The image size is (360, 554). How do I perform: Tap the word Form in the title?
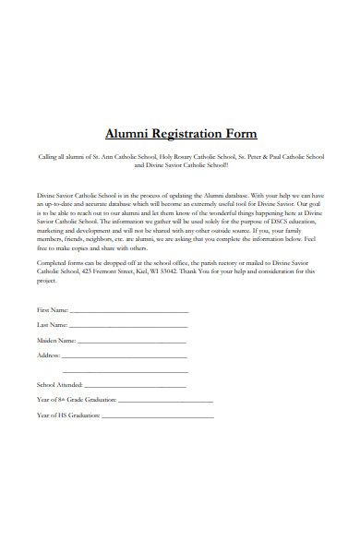[x=243, y=133]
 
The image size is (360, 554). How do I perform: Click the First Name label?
[x=52, y=309]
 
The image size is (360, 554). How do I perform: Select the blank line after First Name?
[x=128, y=311]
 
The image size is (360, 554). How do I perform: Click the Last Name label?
[x=52, y=325]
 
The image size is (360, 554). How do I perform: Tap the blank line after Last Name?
[x=128, y=327]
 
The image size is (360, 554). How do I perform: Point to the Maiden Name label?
[x=56, y=341]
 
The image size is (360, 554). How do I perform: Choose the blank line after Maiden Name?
[x=133, y=343]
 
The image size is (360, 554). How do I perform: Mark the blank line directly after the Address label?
[x=125, y=356]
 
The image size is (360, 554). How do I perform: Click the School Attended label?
[x=60, y=383]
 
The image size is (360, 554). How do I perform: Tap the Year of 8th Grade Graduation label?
[x=77, y=399]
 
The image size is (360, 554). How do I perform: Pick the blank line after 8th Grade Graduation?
[x=165, y=401]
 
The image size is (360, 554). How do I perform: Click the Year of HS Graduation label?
[x=68, y=415]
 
